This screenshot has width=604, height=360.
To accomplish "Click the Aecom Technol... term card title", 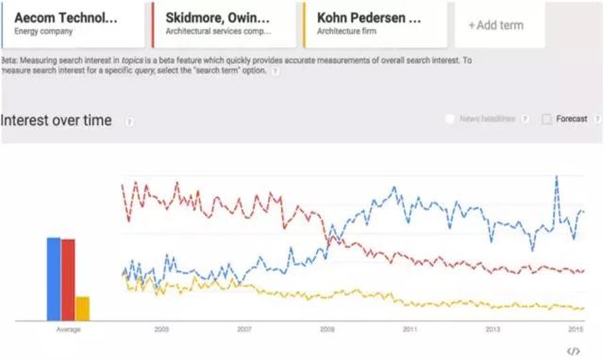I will (66, 17).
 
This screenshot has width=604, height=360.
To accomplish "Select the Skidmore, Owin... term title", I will (218, 17).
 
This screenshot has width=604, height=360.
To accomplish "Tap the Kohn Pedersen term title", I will (369, 17).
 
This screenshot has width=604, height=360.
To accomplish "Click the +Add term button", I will (496, 25).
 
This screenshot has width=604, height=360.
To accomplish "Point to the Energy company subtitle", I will (43, 31).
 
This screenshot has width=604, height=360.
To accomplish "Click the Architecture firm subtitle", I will (345, 31).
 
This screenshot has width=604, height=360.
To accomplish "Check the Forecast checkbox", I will (546, 119).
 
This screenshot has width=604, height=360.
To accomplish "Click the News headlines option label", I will (487, 119).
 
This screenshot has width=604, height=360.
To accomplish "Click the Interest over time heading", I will (56, 120).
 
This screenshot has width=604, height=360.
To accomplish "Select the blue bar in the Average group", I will (53, 279).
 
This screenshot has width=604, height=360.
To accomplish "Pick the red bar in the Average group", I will (68, 279).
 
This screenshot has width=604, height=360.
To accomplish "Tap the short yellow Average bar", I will (82, 308).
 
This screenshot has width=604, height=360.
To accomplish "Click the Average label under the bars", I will (68, 330).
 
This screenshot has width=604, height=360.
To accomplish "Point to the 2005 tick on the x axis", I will (162, 329).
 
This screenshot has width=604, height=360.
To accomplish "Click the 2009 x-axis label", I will (327, 329).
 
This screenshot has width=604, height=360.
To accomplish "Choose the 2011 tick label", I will (410, 329).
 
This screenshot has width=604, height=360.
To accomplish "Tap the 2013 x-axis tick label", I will (492, 329).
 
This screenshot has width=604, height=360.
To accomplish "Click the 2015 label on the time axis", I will (575, 329).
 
